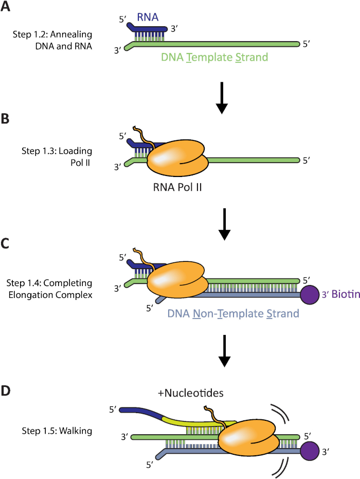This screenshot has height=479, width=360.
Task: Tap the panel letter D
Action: tap(7, 391)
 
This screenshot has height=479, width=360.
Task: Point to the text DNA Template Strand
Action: tap(214, 58)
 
